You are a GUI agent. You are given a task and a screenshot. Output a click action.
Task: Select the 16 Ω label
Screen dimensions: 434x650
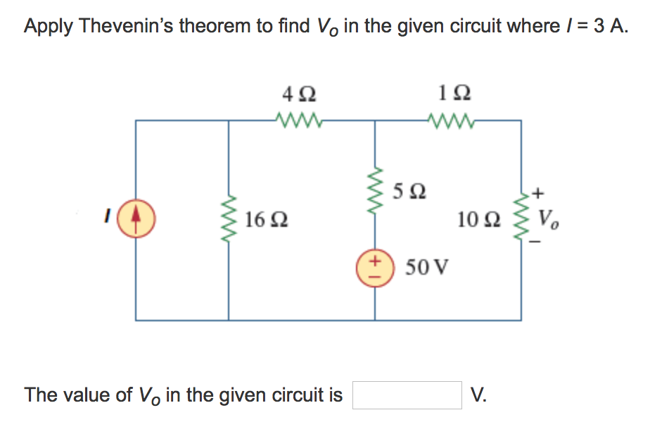265,221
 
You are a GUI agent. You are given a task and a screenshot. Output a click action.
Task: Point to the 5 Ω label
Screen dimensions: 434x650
409,191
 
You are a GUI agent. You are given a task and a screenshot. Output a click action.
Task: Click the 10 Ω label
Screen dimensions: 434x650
479,221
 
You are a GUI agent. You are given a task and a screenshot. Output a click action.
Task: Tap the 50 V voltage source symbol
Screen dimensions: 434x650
374,268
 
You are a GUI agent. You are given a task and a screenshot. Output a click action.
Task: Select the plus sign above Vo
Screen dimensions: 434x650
539,192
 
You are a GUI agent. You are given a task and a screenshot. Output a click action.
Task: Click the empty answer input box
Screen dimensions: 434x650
407,395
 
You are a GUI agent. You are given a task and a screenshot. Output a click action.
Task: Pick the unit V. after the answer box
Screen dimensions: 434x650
478,395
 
